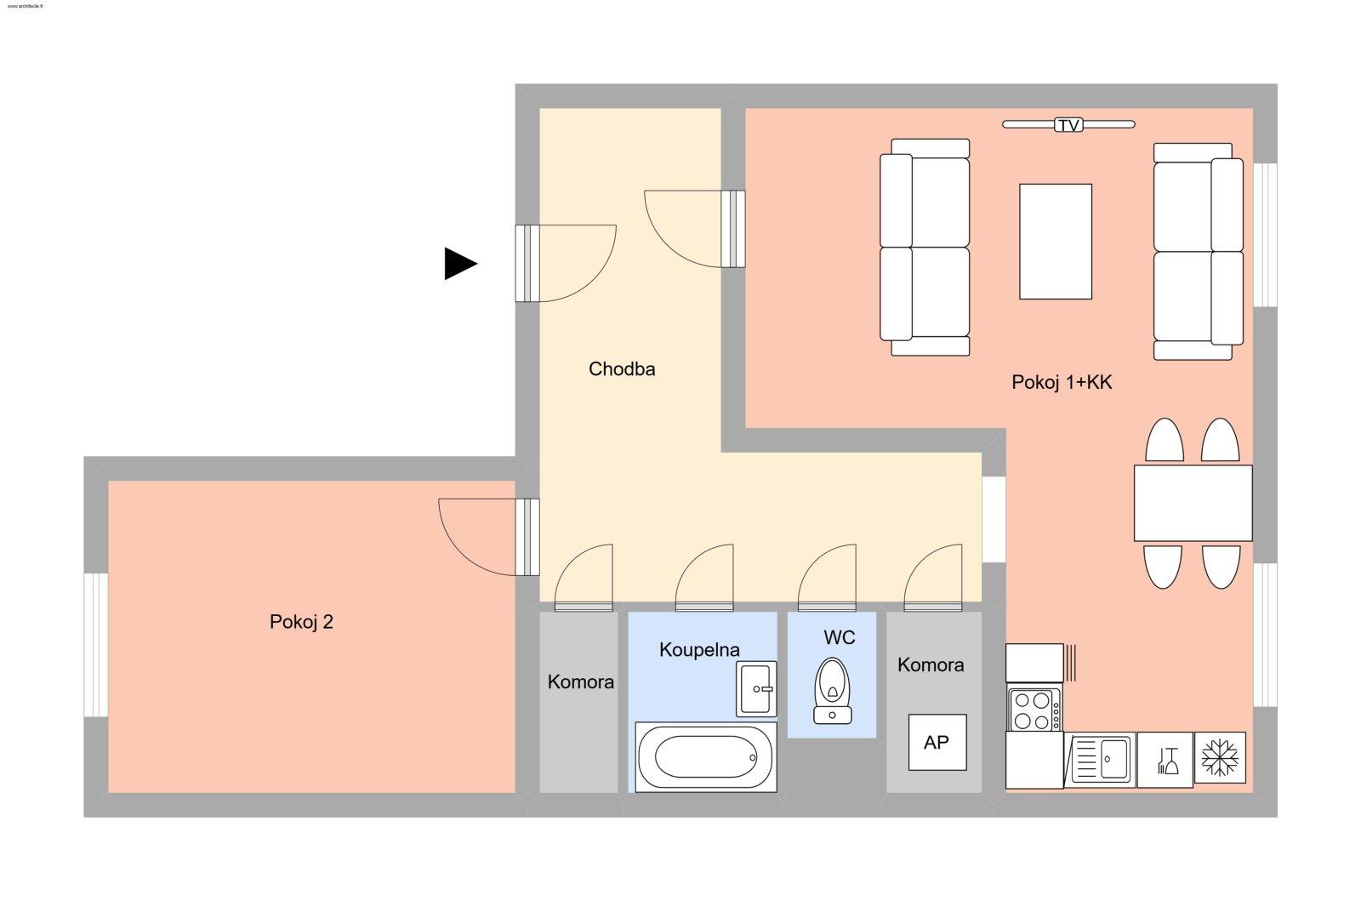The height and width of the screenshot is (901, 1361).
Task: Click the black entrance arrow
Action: tap(459, 264)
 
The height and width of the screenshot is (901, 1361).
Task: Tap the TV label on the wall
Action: tap(1068, 125)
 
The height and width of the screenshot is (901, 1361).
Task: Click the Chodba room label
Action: tap(622, 369)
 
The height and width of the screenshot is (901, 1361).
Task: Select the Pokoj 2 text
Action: tap(301, 622)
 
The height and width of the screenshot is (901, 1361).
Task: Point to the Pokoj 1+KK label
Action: tap(1062, 383)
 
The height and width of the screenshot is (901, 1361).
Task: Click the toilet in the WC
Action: tap(833, 690)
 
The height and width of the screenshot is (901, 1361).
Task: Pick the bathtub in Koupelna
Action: tap(705, 757)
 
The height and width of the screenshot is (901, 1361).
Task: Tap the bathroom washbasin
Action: tap(756, 688)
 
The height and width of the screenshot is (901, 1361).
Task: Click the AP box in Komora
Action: tap(937, 743)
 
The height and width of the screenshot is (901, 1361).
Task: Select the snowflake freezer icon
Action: tap(1220, 757)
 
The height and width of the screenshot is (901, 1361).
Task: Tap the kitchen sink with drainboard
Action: tap(1099, 759)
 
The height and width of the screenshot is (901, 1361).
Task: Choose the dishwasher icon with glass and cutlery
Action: tap(1165, 759)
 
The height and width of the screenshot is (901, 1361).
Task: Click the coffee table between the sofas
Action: tap(1055, 242)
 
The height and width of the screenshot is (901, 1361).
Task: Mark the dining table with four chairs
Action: tap(1193, 503)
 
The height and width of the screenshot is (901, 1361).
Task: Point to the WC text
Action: tap(839, 638)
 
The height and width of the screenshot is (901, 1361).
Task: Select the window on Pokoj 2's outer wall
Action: tap(96, 645)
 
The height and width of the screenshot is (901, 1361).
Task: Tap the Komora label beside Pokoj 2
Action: tap(580, 682)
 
